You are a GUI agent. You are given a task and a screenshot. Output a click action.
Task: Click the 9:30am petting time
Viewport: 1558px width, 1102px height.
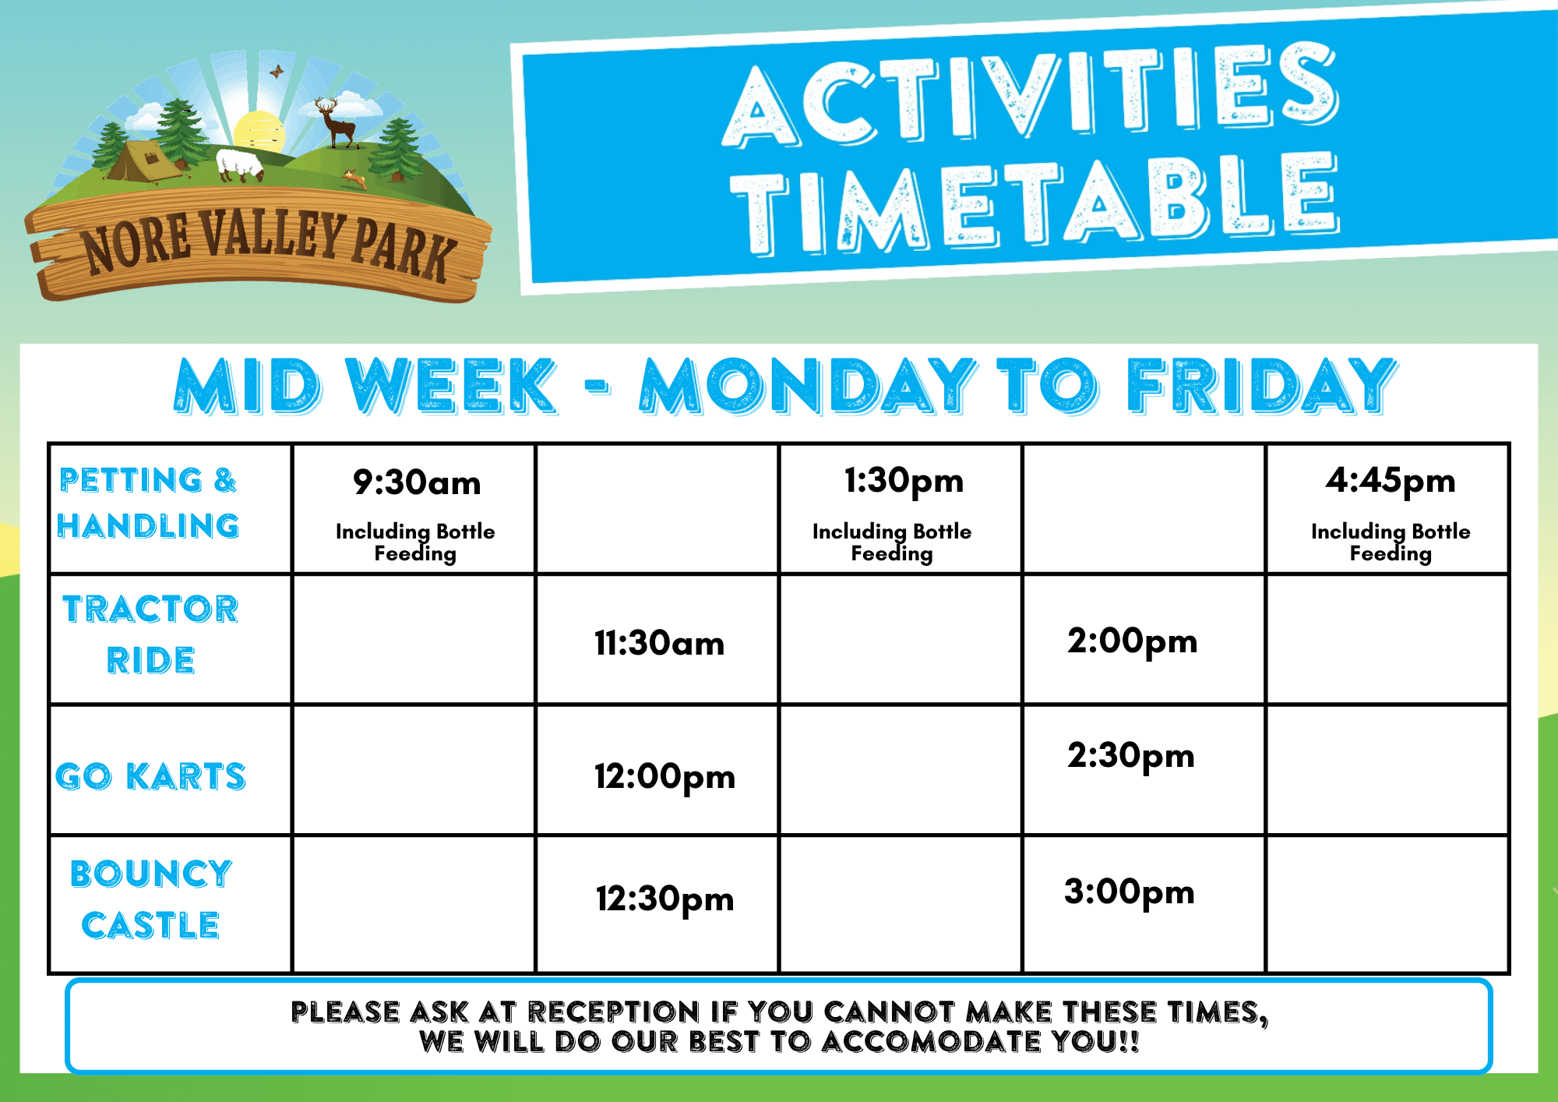coord(417,482)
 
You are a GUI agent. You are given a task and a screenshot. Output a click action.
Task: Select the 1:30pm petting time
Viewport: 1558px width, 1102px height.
coord(904,482)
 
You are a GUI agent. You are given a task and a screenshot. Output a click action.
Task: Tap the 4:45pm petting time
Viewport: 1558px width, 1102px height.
coord(1391,482)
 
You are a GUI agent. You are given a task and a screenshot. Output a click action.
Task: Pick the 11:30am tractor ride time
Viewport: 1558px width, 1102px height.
coord(659,644)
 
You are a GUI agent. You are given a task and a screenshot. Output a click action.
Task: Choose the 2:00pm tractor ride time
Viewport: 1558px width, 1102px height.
coord(1132,642)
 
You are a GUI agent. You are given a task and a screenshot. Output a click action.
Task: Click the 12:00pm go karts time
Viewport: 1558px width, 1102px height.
coord(664,777)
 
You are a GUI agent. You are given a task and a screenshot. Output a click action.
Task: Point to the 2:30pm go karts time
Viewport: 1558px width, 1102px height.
coord(1130,756)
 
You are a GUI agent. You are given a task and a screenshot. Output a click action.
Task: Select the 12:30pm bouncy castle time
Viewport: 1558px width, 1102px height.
coord(664,899)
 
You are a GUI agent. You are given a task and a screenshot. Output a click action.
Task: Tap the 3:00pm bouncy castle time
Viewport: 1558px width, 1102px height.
coord(1129,892)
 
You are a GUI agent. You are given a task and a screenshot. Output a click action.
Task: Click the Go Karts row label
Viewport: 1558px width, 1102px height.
coord(150,776)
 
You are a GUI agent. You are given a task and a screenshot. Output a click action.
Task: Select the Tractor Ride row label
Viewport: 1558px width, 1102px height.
coord(150,634)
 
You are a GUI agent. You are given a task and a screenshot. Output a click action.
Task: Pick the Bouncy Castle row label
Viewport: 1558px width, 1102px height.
coord(150,899)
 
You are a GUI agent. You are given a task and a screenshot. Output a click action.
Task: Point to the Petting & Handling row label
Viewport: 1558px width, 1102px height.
coord(148,503)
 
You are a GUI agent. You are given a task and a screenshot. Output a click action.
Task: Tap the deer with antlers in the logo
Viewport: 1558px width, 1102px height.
coord(337,122)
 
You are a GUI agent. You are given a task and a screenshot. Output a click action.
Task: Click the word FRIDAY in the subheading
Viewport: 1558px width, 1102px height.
coord(1262,385)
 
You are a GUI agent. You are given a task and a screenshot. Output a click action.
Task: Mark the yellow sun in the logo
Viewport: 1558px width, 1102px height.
coord(259,131)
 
